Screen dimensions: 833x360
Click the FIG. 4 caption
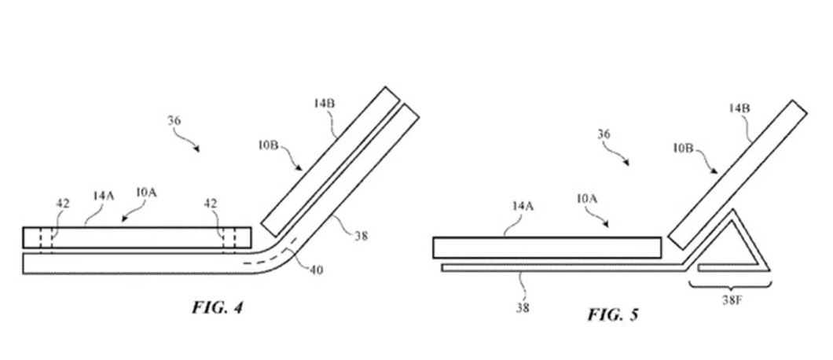(217, 307)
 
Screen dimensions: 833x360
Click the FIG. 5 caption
(612, 314)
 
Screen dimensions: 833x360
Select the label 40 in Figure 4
(315, 270)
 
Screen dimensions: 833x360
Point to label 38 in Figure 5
(523, 307)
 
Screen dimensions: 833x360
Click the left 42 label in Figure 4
(63, 204)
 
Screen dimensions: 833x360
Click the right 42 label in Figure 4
(211, 204)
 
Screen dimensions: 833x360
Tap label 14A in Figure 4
(104, 196)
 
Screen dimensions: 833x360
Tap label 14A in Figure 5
(523, 206)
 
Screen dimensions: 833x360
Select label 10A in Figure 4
(146, 193)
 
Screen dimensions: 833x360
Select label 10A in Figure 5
(587, 198)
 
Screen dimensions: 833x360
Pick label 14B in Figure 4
(324, 103)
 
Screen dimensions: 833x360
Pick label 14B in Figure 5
(739, 108)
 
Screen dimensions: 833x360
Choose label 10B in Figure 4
(269, 145)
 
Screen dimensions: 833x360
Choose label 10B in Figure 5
(684, 149)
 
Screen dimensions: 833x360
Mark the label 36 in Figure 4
(174, 121)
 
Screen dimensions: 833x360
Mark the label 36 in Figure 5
(604, 134)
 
